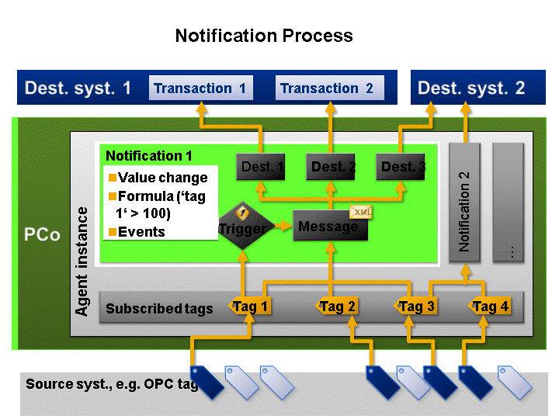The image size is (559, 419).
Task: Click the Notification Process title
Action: click(x=264, y=36)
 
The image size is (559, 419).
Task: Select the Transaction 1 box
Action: click(x=200, y=88)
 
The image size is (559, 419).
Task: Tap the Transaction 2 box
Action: click(x=326, y=88)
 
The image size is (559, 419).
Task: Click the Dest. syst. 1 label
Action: click(x=78, y=88)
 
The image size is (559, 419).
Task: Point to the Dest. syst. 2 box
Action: click(x=471, y=88)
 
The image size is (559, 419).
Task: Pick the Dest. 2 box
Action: click(x=333, y=166)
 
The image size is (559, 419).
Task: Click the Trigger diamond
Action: click(x=242, y=228)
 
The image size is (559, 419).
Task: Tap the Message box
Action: click(x=329, y=226)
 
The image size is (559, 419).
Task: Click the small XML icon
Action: click(x=361, y=212)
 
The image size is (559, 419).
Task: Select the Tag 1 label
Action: click(x=251, y=306)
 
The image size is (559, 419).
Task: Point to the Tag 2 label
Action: click(x=338, y=306)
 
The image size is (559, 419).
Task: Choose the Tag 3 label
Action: click(x=416, y=306)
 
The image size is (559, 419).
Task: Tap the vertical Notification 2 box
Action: click(x=465, y=203)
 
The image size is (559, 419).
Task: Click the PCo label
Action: click(x=40, y=234)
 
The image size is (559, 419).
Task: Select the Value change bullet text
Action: click(x=162, y=178)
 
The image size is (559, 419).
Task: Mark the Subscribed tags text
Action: click(x=159, y=309)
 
